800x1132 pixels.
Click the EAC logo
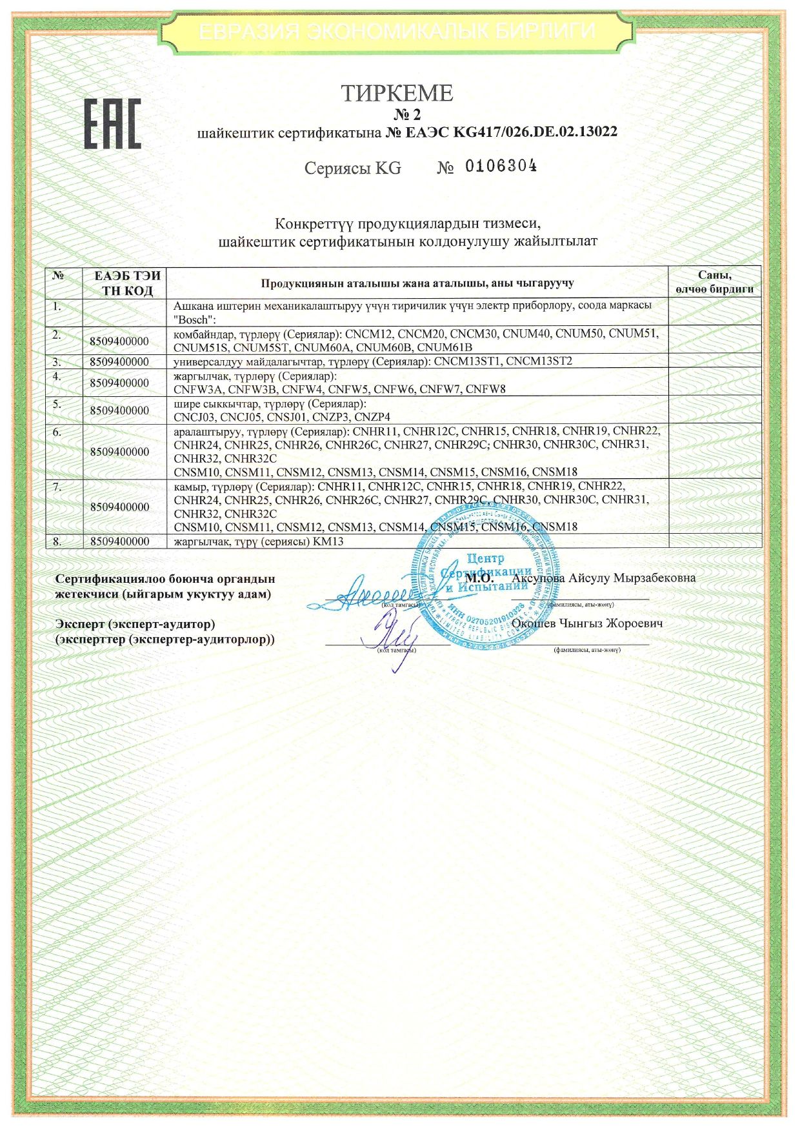112,124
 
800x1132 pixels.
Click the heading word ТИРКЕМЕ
397,94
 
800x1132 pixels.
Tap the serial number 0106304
501,167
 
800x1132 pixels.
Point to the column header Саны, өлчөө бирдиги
714,283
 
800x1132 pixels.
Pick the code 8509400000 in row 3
119,361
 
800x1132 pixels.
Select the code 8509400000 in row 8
119,541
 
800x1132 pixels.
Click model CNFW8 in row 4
486,389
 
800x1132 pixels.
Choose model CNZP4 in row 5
372,417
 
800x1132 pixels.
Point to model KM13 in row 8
328,541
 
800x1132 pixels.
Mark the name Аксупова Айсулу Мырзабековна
604,578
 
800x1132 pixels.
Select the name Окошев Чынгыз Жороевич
587,623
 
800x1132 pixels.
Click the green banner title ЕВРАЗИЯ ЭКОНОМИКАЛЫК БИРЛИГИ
397,30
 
